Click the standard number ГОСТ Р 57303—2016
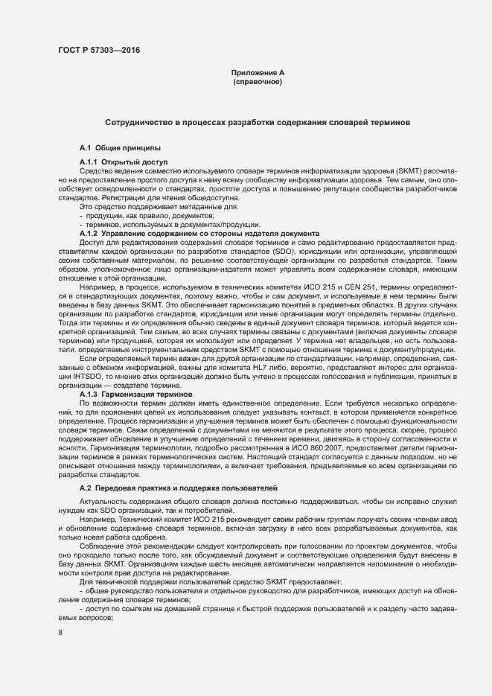(x=98, y=51)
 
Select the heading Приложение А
(x=258, y=73)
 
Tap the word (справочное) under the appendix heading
(x=258, y=82)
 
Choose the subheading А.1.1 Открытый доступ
(x=124, y=162)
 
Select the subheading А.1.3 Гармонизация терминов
(x=135, y=394)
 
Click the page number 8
(x=60, y=632)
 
